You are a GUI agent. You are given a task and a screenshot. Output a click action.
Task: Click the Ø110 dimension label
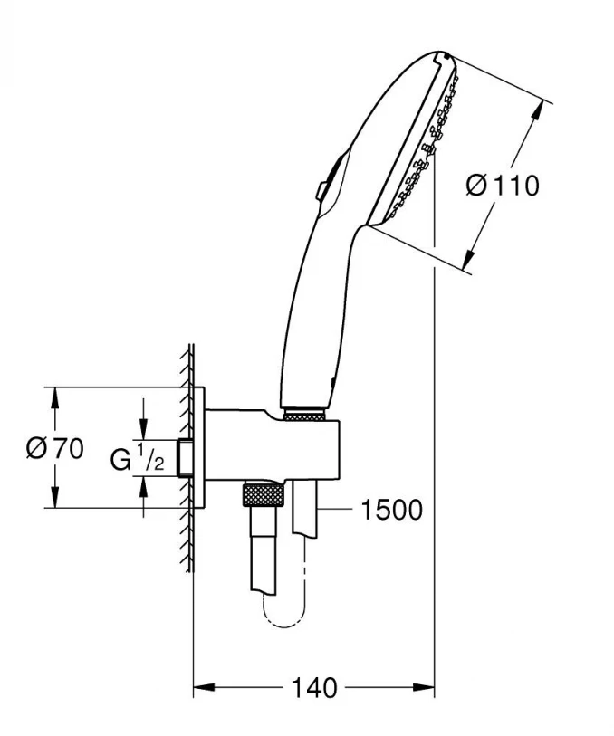coord(502,185)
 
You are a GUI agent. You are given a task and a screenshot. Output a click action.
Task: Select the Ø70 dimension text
coord(54,448)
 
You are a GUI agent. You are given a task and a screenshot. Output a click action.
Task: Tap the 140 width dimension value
coord(312,688)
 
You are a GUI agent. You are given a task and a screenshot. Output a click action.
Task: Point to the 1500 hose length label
coord(390,511)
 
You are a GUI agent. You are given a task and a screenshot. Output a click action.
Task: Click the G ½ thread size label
coord(137,459)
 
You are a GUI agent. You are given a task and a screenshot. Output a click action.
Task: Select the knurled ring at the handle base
coord(305,415)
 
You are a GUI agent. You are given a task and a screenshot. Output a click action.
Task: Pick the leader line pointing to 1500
coord(335,511)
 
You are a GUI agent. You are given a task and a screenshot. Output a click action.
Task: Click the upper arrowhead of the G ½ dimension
coord(144,431)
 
